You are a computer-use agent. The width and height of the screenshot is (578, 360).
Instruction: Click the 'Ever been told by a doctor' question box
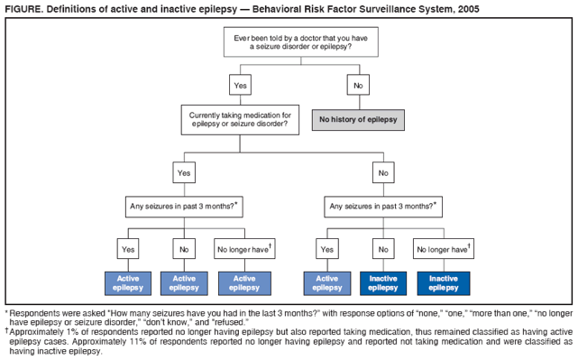tap(300, 42)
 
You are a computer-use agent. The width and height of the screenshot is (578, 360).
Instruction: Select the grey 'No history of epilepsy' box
tap(359, 119)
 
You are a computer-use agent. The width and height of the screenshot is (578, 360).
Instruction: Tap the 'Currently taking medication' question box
tap(239, 119)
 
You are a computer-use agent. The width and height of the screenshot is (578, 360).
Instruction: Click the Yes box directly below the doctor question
tap(240, 85)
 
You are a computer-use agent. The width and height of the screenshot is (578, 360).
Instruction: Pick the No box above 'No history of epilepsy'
tap(359, 85)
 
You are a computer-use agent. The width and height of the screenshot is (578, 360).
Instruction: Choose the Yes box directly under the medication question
tap(184, 171)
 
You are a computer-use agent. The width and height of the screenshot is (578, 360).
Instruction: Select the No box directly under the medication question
tap(383, 171)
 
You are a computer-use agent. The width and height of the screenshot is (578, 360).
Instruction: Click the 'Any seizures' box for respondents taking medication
tap(184, 206)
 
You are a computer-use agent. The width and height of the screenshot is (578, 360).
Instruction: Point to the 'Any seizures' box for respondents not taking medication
tap(383, 206)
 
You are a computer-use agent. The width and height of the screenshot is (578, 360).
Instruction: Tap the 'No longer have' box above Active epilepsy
tap(244, 248)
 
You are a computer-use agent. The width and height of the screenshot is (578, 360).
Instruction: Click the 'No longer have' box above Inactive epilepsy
tap(444, 248)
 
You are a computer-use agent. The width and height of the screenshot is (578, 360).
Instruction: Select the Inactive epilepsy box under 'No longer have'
tap(444, 283)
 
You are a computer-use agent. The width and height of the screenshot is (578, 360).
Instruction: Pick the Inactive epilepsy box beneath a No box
tap(383, 283)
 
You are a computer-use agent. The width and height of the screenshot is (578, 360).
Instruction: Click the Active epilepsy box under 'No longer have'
tap(244, 283)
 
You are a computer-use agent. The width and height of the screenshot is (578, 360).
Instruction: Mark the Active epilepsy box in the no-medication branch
tap(327, 283)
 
